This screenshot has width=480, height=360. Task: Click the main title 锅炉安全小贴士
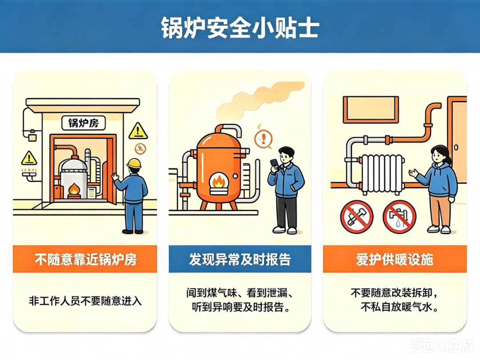click(240, 28)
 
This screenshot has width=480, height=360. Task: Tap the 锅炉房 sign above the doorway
click(84, 123)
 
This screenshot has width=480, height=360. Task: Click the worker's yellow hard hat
click(134, 163)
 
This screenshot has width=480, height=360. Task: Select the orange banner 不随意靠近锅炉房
click(85, 259)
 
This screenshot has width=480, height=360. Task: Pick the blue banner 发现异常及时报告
click(240, 259)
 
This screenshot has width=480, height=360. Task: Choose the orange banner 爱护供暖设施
click(395, 259)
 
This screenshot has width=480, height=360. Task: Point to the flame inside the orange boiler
click(219, 181)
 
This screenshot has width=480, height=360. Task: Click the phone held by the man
click(274, 164)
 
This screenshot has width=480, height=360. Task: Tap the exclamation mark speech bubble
click(263, 139)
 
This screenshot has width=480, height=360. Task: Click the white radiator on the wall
click(382, 174)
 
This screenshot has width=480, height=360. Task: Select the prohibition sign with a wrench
click(356, 217)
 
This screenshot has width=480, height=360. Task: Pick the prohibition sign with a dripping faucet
click(400, 217)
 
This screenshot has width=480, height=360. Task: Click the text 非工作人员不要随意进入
click(85, 301)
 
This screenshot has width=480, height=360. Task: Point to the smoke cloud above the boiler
click(260, 100)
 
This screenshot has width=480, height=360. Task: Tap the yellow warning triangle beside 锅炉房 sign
click(138, 131)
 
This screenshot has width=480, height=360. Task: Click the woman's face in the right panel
click(439, 157)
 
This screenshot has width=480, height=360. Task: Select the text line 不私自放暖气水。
click(399, 306)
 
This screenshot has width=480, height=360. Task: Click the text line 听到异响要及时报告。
click(241, 307)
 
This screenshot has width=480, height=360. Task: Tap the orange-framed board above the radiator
click(371, 110)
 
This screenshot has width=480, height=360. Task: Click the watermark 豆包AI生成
click(442, 345)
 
